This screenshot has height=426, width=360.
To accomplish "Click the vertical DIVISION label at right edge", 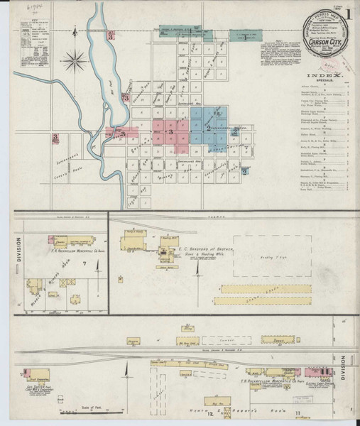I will point(347,361).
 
